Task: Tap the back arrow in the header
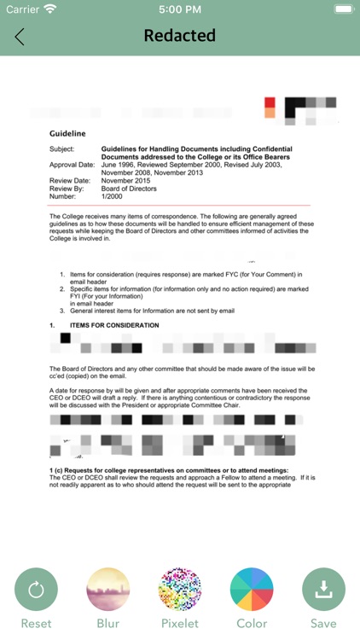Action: [x=20, y=37]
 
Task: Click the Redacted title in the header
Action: [x=179, y=36]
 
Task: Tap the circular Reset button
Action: [x=36, y=590]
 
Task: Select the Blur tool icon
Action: [x=107, y=590]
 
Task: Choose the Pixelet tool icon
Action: [x=180, y=590]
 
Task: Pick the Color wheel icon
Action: [x=252, y=590]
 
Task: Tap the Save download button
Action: [x=323, y=590]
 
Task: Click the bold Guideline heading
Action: [x=68, y=134]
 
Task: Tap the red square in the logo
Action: [x=270, y=102]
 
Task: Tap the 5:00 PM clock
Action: [x=179, y=9]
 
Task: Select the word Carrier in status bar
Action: [x=23, y=9]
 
